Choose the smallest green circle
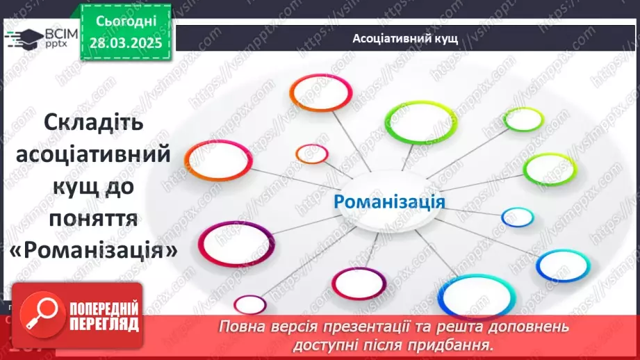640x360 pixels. [x=523, y=120]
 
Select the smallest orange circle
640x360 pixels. [x=311, y=154]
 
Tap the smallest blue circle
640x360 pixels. [x=518, y=218]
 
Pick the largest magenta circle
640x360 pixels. [x=236, y=243]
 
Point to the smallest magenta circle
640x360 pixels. [x=249, y=304]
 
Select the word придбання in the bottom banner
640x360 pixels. [x=460, y=344]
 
